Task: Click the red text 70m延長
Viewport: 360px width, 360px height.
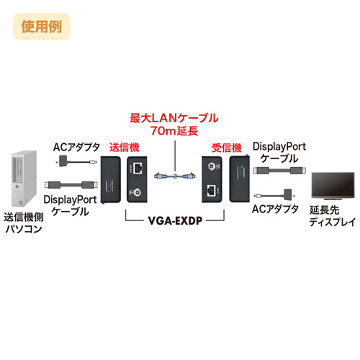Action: coord(173,130)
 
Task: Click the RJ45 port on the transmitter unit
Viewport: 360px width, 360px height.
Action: coord(138,168)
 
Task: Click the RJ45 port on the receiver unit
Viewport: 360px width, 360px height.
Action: coord(211,190)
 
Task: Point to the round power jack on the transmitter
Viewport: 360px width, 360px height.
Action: coord(138,192)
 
